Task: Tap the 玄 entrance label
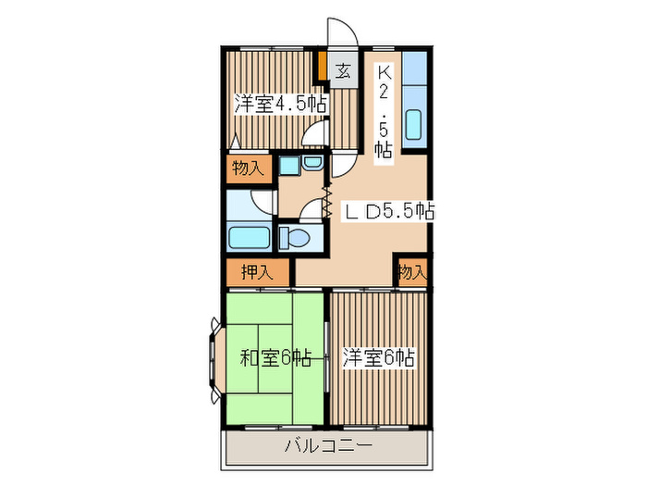[342, 70]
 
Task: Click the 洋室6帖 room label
[379, 357]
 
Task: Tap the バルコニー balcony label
[328, 448]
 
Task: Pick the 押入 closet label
[256, 272]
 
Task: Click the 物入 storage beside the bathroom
[248, 168]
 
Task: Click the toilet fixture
[299, 238]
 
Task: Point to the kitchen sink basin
[413, 124]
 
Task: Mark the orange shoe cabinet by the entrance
[321, 69]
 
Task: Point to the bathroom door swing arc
[265, 203]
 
